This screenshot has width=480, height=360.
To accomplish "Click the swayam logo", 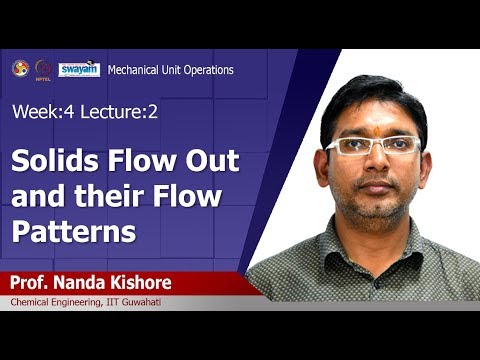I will click(78, 69).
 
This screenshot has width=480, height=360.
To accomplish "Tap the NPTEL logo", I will click(43, 69).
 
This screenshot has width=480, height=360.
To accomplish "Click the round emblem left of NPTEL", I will click(20, 68).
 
